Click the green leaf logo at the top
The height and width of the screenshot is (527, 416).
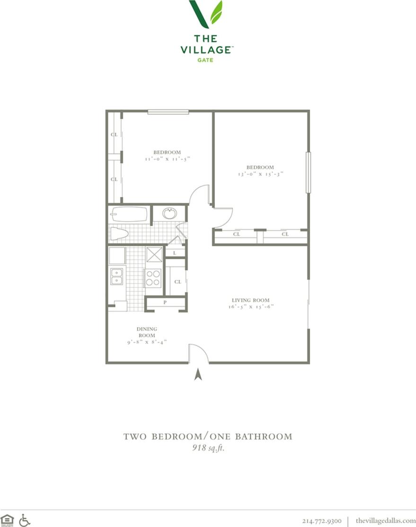pyautogui.click(x=206, y=14)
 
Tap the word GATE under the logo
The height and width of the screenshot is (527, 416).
pyautogui.click(x=205, y=60)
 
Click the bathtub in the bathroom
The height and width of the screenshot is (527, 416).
pyautogui.click(x=129, y=214)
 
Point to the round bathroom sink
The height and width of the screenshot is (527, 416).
pyautogui.click(x=169, y=213)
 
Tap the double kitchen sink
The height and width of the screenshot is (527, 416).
pyautogui.click(x=117, y=276)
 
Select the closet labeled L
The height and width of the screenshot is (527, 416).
pyautogui.click(x=175, y=253)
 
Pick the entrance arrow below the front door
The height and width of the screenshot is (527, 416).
pyautogui.click(x=198, y=374)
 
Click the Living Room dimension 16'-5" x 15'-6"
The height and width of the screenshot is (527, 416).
pyautogui.click(x=250, y=306)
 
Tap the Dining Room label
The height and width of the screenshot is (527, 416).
pyautogui.click(x=147, y=332)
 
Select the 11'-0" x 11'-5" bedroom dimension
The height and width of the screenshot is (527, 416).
pyautogui.click(x=167, y=159)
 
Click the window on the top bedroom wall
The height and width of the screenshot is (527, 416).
pyautogui.click(x=168, y=112)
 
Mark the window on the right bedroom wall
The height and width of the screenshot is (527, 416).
pyautogui.click(x=308, y=172)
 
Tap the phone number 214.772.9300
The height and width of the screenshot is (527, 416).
pyautogui.click(x=322, y=521)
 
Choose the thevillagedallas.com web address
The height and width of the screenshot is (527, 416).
pyautogui.click(x=385, y=521)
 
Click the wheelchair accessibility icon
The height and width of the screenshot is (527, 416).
pyautogui.click(x=25, y=520)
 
